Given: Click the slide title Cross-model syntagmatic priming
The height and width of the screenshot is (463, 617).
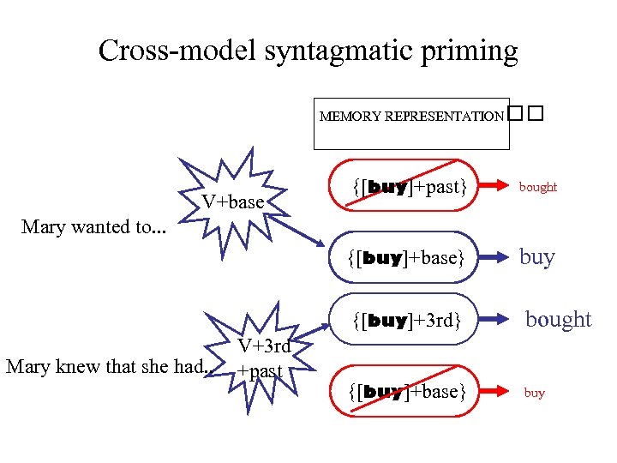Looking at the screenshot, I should click(308, 51).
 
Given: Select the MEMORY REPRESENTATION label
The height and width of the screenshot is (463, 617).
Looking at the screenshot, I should click(411, 116).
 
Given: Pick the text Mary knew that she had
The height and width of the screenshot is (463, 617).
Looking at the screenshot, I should click(107, 367).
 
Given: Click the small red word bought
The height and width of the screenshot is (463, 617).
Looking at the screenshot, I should click(538, 187).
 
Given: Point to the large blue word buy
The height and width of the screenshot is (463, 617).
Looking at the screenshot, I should click(537, 257).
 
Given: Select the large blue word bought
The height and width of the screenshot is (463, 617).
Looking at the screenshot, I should click(558, 320).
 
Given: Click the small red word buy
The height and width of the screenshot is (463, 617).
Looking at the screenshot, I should click(534, 393).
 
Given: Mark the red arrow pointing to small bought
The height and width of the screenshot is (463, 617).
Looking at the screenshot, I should click(492, 185).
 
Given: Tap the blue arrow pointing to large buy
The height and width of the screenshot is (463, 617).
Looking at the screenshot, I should click(492, 257).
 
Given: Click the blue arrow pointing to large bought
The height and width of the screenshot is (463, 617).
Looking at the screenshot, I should click(492, 321).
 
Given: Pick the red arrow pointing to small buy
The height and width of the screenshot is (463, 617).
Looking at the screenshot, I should click(492, 392).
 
